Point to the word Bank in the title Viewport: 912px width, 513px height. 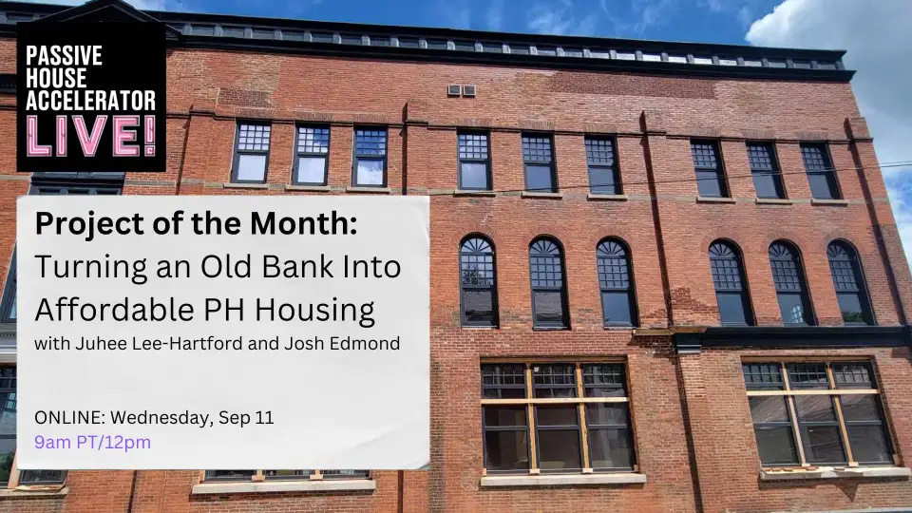point(275,267)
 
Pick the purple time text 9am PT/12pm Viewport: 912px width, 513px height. point(92,442)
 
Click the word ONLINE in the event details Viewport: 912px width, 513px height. point(65,418)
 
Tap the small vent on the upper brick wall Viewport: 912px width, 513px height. point(461,90)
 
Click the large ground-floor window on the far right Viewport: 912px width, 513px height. point(818,413)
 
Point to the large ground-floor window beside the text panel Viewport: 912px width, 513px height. point(557,417)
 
